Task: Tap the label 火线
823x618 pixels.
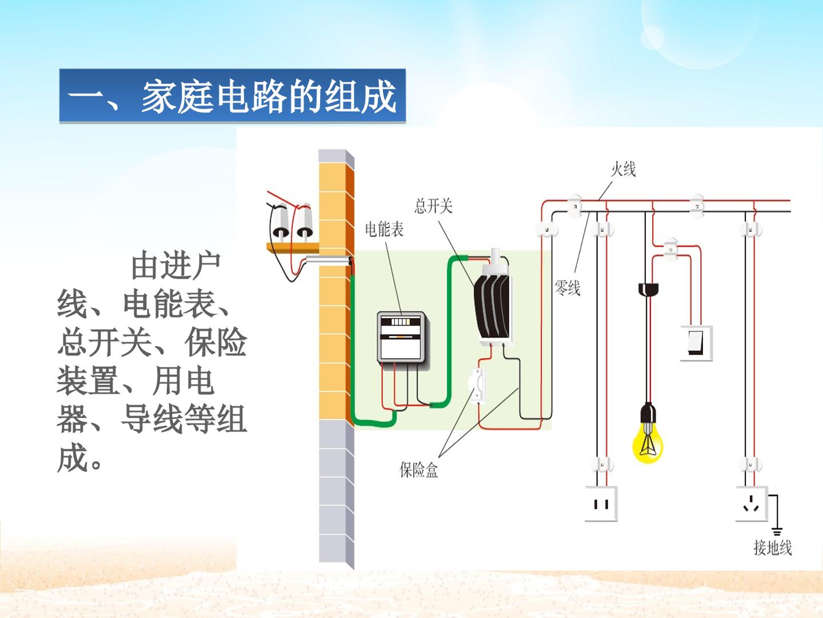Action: [623, 169]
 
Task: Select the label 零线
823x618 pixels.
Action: [568, 288]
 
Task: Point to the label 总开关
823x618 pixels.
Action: [433, 206]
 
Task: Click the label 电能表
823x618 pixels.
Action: [384, 229]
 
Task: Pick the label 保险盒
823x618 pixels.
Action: [419, 470]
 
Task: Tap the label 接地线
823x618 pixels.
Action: [773, 558]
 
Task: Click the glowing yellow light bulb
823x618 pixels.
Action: [648, 443]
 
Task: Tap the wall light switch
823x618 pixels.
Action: [696, 343]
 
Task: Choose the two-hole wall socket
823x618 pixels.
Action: [601, 504]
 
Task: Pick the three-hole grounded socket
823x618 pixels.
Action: [752, 504]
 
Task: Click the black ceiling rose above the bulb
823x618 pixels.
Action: [648, 289]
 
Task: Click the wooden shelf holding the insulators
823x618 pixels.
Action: [293, 248]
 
